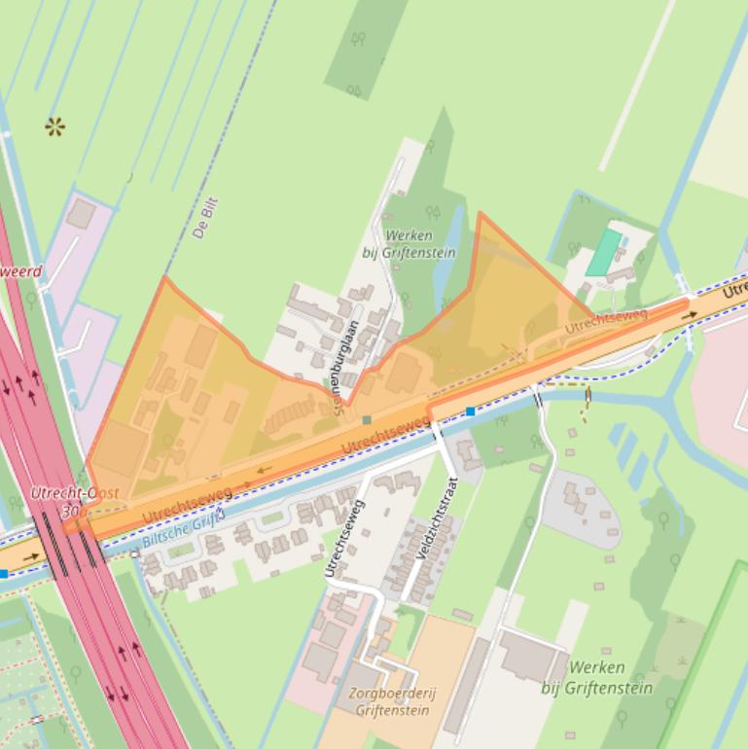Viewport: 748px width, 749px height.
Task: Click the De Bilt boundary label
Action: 204,218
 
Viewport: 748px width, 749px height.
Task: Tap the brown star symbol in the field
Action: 54,125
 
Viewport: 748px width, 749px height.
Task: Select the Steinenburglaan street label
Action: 345,369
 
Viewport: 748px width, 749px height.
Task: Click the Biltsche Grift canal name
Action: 183,529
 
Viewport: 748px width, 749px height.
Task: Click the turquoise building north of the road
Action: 604,252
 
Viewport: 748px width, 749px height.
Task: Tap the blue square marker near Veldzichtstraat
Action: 471,411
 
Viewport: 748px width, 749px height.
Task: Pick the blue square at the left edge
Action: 4,574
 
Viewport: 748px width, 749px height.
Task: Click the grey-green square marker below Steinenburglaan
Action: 367,420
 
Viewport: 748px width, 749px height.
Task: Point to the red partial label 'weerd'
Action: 21,271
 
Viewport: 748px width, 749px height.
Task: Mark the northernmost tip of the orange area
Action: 480,214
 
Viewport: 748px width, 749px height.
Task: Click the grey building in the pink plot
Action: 82,213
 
